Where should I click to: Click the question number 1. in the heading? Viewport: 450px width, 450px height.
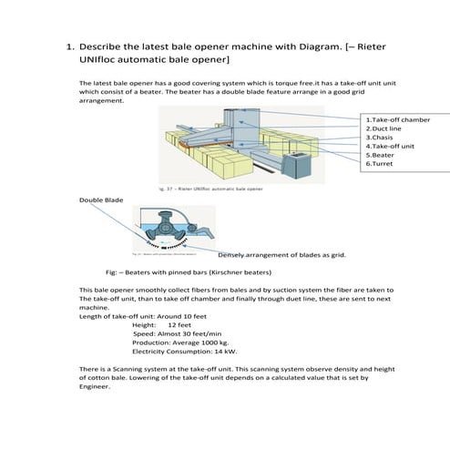pos(68,44)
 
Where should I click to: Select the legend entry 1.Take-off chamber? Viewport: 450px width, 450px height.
pos(397,119)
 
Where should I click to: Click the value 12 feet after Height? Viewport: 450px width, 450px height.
pos(179,324)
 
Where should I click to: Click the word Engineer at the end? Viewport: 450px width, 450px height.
pos(96,385)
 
